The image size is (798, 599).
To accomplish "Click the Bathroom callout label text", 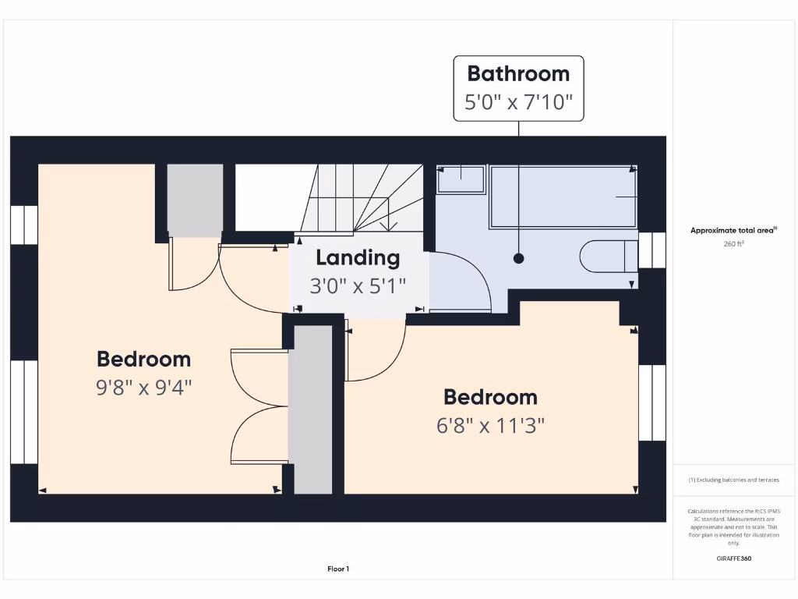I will [x=518, y=74].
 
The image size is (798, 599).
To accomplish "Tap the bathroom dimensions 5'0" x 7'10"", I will [x=518, y=102].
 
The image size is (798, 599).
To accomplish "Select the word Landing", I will [x=358, y=257].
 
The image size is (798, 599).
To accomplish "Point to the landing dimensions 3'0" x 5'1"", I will [x=358, y=286].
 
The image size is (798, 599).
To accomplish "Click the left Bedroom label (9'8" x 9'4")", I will [x=143, y=359].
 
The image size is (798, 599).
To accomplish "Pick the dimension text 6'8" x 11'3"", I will [x=490, y=426].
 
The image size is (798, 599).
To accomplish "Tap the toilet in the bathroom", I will [x=608, y=257].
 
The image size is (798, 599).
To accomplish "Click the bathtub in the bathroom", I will [x=562, y=197].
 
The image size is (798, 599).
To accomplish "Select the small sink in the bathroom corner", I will [x=461, y=179].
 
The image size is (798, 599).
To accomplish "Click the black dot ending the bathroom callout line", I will [x=519, y=258].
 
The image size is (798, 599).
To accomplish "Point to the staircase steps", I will [x=366, y=199].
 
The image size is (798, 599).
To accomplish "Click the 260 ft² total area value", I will [x=733, y=244].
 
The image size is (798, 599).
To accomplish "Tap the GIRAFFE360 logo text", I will [x=733, y=558].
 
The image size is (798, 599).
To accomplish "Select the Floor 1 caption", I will [x=338, y=569].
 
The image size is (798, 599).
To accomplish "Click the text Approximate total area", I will [x=733, y=230].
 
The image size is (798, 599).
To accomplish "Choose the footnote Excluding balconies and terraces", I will [x=733, y=480].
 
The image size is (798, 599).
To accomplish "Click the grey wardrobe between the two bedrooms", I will [x=312, y=409].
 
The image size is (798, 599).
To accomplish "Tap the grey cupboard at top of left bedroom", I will [x=196, y=200].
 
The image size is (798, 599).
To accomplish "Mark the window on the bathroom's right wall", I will [x=652, y=250].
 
